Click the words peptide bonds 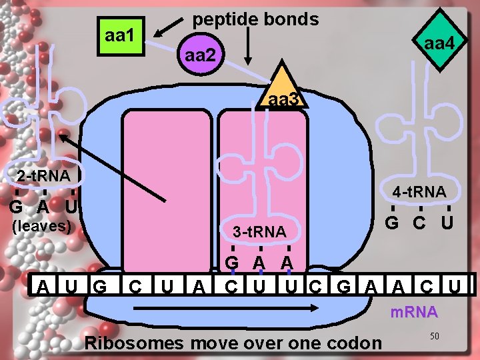tap(255, 19)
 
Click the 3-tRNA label tap(259, 232)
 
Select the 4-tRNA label tap(419, 192)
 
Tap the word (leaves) tap(42, 225)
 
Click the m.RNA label tap(413, 311)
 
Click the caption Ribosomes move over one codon tap(234, 343)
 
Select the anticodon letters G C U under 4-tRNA tap(420, 221)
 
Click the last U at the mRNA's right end tap(455, 287)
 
